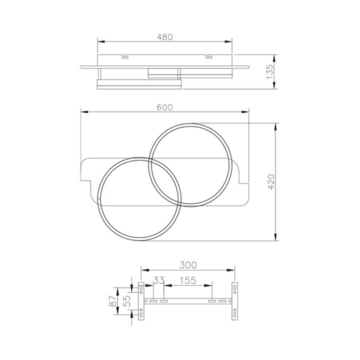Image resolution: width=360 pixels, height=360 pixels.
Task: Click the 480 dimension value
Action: click(x=165, y=37)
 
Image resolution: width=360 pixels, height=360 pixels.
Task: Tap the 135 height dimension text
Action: click(x=270, y=72)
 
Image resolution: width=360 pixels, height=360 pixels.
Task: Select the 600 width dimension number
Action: click(x=165, y=108)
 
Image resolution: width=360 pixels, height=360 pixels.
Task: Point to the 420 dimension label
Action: click(x=271, y=182)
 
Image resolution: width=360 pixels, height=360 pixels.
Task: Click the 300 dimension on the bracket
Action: click(x=188, y=265)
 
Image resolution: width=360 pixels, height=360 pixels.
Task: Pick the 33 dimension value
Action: click(x=159, y=280)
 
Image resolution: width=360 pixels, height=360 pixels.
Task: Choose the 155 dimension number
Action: click(x=188, y=280)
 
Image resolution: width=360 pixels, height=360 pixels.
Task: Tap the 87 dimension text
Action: click(x=112, y=301)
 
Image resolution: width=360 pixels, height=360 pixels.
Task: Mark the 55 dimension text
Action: click(x=126, y=301)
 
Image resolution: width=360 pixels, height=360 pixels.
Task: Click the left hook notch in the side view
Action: click(x=125, y=56)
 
